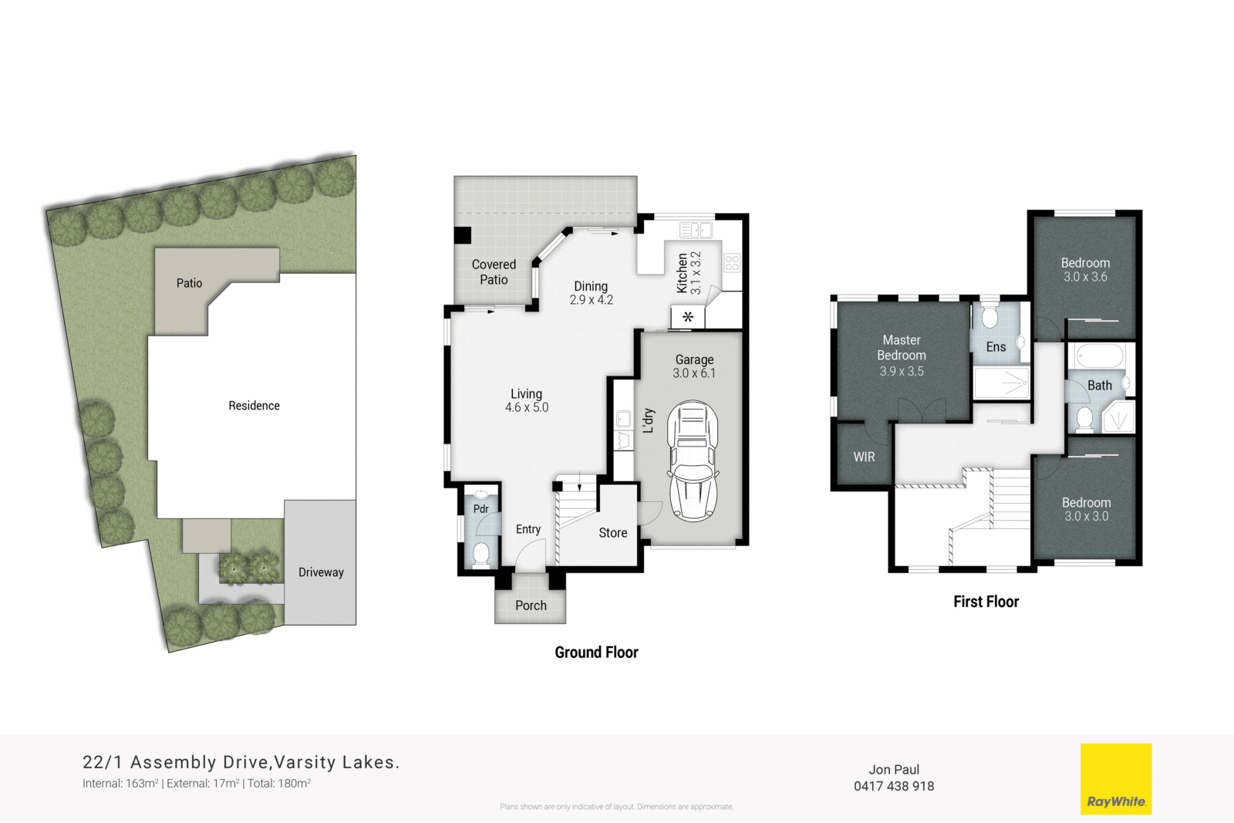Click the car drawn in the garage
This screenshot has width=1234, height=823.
693,461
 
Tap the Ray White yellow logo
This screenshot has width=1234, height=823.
1115,778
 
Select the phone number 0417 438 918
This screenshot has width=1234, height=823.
893,787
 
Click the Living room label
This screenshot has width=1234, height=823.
526,394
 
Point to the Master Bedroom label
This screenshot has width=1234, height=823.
901,348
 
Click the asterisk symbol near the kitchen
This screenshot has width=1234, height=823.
688,317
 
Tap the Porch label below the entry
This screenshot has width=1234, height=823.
531,606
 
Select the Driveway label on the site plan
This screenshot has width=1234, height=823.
321,572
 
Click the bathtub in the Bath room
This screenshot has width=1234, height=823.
1099,356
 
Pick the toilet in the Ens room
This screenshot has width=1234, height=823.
990,316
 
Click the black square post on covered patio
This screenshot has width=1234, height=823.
463,235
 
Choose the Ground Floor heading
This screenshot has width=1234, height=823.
596,653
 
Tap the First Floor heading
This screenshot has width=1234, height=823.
986,602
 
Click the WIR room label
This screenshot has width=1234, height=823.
864,457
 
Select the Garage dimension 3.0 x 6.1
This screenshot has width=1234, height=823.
694,374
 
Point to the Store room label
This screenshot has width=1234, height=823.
613,533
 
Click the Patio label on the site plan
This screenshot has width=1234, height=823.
189,283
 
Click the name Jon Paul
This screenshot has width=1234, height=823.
893,770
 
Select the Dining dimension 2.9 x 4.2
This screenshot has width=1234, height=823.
591,300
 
